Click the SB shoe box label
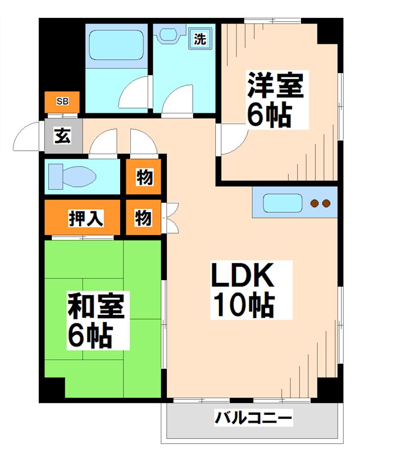62,102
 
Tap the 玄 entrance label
62,136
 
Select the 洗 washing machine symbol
199,39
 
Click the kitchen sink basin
283,203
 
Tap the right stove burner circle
325,203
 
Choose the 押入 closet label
85,218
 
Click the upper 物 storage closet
143,177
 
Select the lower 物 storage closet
143,217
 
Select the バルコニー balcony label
253,418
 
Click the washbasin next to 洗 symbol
168,34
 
